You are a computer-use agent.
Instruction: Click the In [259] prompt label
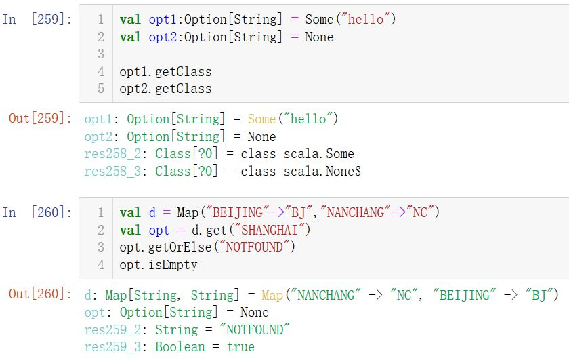point(37,19)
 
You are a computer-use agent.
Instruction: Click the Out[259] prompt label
point(40,119)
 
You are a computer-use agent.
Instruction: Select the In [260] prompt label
point(37,212)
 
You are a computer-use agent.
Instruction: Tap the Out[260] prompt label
point(40,294)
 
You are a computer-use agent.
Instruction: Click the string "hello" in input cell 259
point(366,19)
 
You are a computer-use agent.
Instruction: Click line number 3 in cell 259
point(101,54)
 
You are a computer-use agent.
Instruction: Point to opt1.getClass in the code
point(165,72)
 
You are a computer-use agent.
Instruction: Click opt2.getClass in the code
point(165,89)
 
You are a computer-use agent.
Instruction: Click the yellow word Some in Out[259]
point(261,119)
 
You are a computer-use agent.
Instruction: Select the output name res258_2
point(112,154)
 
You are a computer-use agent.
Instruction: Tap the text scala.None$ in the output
point(322,171)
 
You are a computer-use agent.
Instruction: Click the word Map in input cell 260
point(188,212)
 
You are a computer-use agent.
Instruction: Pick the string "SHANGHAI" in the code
point(270,230)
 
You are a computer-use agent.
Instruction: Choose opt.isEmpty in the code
point(159,265)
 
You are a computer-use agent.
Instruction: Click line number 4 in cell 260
point(101,264)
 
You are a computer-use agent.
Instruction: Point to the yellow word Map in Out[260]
point(272,295)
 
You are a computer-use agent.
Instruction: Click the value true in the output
point(240,347)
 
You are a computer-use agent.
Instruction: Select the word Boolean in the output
point(180,347)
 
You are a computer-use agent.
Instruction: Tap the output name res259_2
point(112,330)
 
